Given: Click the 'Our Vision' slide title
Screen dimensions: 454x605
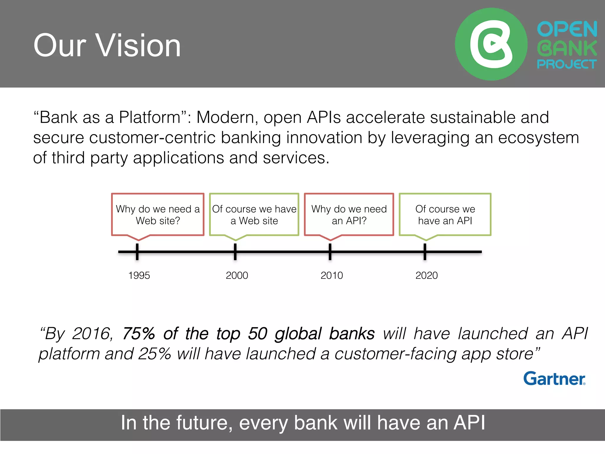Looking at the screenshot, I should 107,46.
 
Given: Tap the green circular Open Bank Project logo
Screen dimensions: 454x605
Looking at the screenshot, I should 491,44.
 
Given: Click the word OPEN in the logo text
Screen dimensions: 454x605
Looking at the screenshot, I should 567,29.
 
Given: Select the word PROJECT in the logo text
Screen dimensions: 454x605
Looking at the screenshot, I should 567,64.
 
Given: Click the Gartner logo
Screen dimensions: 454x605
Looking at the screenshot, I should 554,379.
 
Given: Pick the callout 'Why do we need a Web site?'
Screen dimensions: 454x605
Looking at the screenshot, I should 158,215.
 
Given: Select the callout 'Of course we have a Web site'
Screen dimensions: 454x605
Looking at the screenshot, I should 254,215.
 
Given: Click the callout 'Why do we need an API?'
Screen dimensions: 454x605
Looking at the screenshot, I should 349,215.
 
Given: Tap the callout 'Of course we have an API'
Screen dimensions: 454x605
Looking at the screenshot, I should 445,215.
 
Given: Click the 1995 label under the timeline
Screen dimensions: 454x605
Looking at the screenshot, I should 139,275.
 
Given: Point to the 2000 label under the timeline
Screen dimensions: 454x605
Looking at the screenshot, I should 237,275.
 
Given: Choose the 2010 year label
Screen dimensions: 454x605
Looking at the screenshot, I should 331,275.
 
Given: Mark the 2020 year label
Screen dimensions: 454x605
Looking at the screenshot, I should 426,275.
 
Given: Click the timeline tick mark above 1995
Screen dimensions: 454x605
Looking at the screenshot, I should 137,252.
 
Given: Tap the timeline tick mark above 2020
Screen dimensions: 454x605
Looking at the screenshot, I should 425,252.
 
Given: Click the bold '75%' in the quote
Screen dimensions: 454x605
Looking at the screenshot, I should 139,334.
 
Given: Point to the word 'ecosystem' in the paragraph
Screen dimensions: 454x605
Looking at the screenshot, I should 538,138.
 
